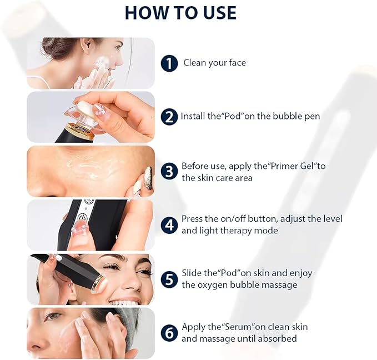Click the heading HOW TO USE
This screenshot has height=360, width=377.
pyautogui.click(x=180, y=12)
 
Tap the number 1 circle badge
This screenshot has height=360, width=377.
pyautogui.click(x=169, y=63)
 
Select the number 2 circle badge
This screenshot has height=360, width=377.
pyautogui.click(x=169, y=117)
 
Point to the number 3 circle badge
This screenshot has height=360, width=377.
pyautogui.click(x=169, y=171)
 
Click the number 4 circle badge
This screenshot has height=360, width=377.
pyautogui.click(x=169, y=224)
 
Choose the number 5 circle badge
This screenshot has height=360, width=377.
pyautogui.click(x=169, y=278)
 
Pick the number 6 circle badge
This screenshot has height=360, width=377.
pyautogui.click(x=169, y=332)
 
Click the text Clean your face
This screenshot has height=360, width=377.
pyautogui.click(x=214, y=63)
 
